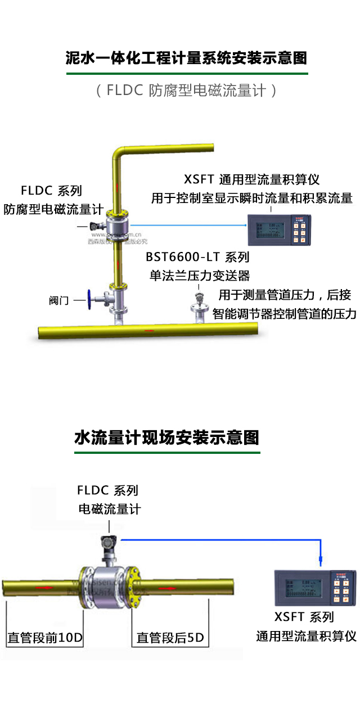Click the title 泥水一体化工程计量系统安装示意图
click(x=186, y=58)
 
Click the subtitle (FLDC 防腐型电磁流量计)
click(x=186, y=91)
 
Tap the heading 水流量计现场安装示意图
click(x=166, y=438)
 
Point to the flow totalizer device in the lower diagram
click(x=314, y=588)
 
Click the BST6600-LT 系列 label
click(x=197, y=258)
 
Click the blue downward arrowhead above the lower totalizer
click(x=321, y=560)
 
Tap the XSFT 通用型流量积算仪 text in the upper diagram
click(x=251, y=180)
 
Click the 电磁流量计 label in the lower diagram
click(x=110, y=510)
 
